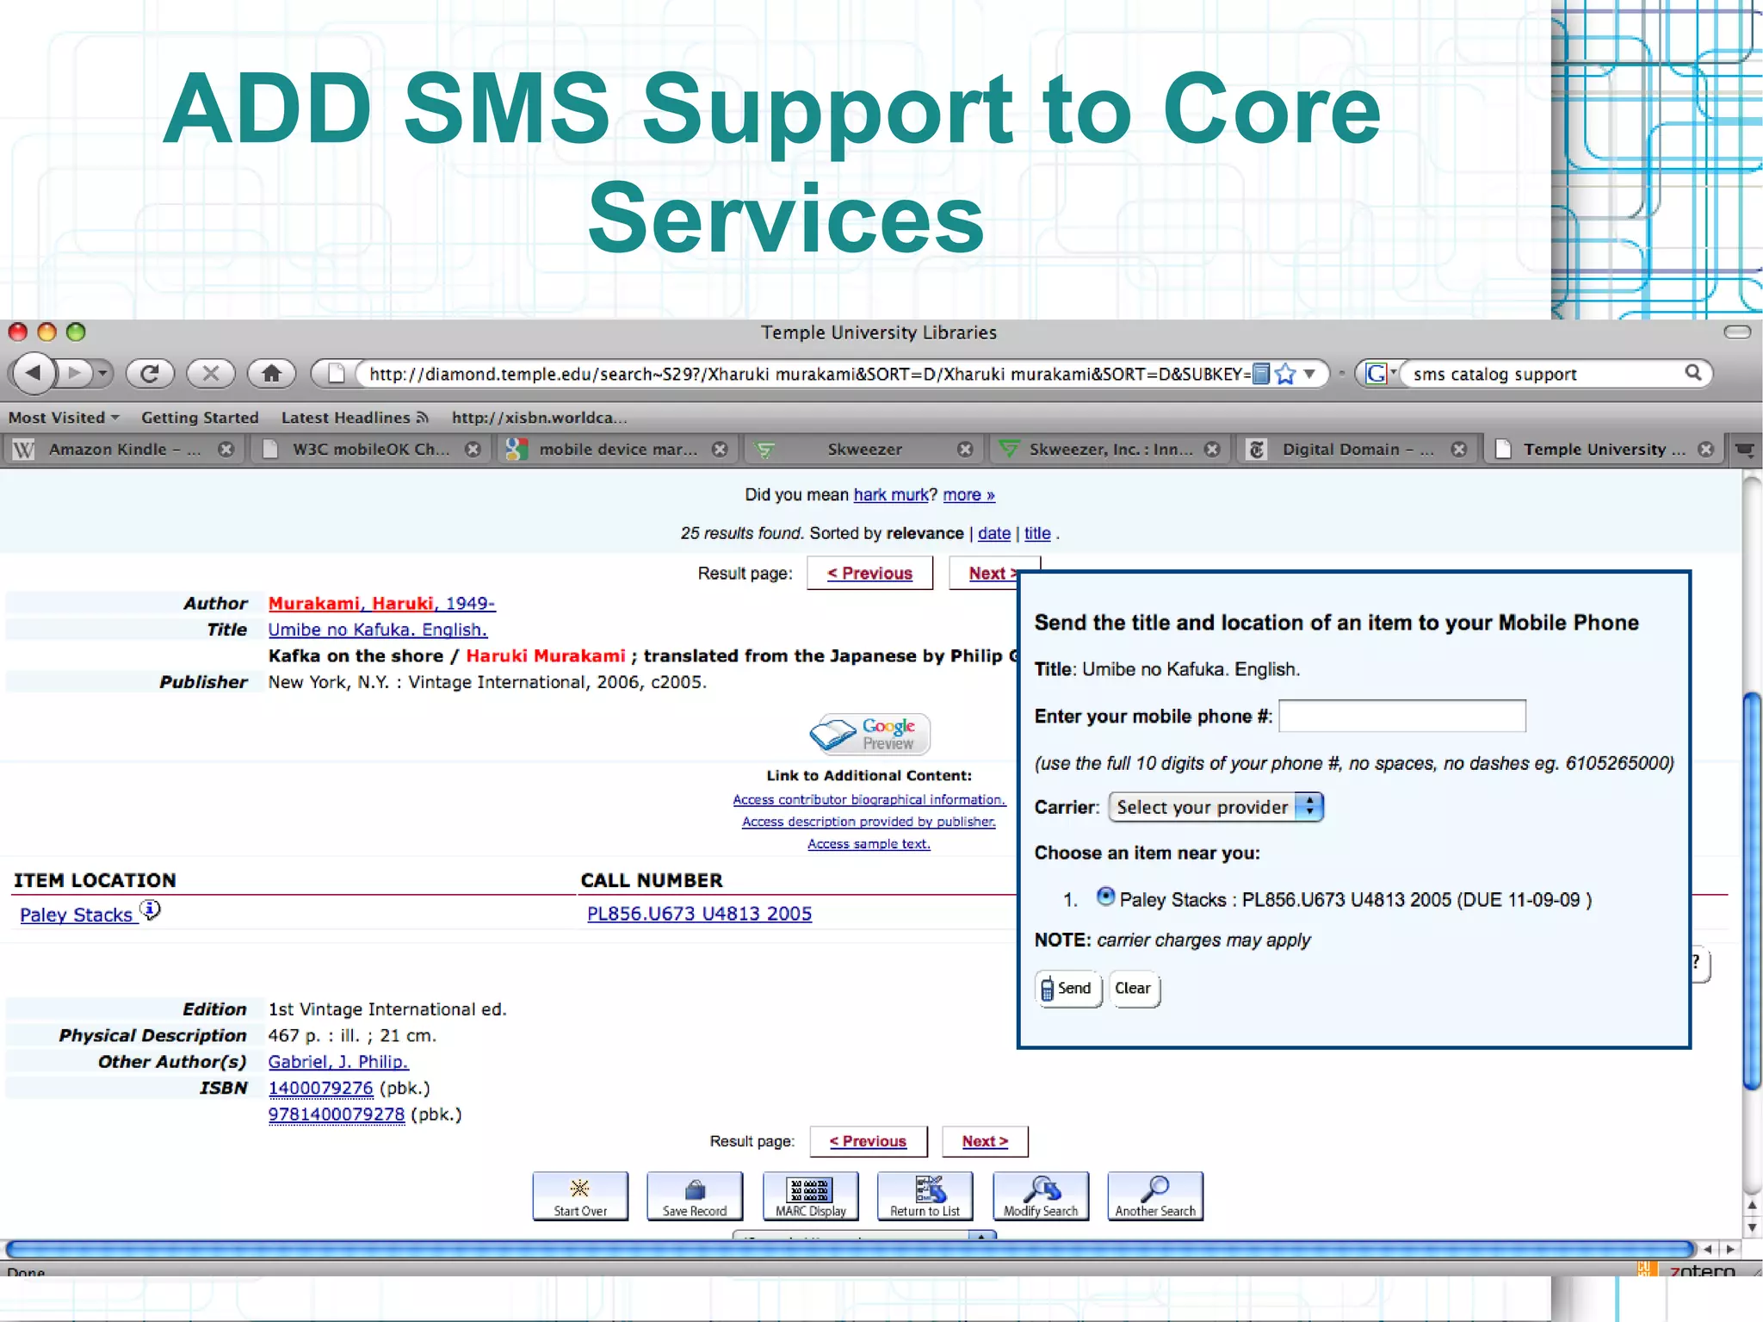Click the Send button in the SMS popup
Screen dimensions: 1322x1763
click(1067, 989)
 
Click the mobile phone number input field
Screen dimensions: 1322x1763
click(1401, 716)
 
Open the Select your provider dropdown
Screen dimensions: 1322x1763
click(1216, 807)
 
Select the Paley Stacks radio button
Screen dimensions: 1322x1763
click(1105, 897)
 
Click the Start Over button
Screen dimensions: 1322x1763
click(580, 1195)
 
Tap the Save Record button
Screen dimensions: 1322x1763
click(695, 1195)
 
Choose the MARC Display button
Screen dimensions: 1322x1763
click(810, 1195)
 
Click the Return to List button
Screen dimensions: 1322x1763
click(925, 1195)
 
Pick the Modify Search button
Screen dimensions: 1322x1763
click(1040, 1195)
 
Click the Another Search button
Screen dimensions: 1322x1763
click(1154, 1195)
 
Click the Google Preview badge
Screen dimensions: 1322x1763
click(869, 734)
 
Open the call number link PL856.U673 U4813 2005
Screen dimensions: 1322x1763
click(699, 914)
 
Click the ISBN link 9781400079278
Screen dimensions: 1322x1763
click(336, 1114)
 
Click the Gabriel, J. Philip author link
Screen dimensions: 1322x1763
click(337, 1062)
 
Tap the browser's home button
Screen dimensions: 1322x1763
click(271, 374)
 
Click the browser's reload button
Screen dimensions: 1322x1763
click(150, 374)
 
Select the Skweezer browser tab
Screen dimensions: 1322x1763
click(864, 450)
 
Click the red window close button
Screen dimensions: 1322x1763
click(18, 332)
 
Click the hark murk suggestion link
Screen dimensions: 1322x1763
click(890, 495)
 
